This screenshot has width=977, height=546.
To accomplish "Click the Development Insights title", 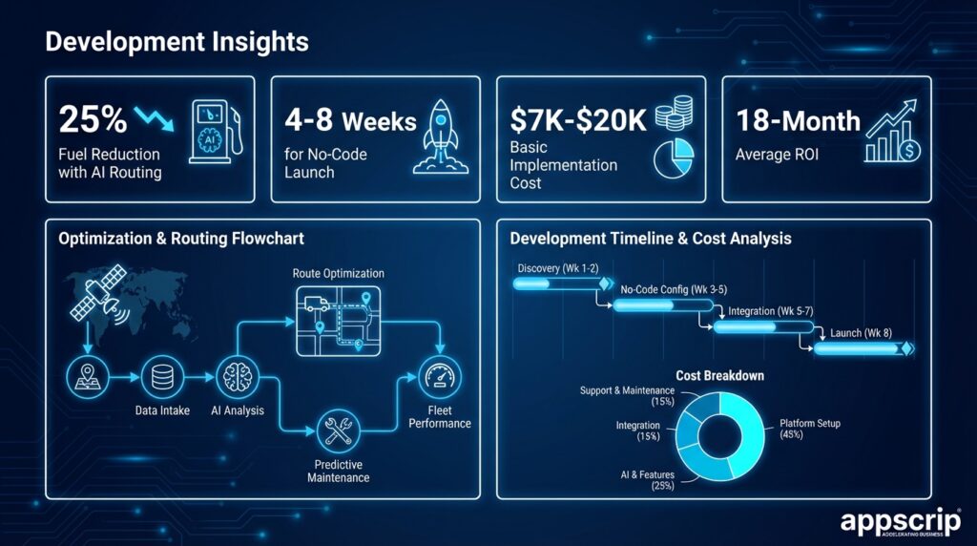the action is [x=177, y=42].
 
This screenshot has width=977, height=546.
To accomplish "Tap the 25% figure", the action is [x=93, y=119].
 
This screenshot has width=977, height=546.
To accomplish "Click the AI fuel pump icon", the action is [x=216, y=132].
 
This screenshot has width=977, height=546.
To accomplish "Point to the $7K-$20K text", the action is [x=578, y=119].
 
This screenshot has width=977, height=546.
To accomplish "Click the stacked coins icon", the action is [x=674, y=113].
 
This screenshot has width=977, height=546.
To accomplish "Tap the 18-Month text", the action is [x=798, y=120].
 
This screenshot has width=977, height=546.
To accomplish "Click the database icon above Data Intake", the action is [x=162, y=377].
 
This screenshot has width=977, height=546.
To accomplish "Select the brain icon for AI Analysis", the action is [x=238, y=377].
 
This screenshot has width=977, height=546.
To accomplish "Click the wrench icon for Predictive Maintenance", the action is [x=339, y=430].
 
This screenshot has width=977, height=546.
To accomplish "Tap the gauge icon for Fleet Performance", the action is [x=440, y=377].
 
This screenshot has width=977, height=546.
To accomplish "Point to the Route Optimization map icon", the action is [x=339, y=322].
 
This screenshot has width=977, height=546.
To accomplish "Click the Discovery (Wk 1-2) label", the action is [x=557, y=268].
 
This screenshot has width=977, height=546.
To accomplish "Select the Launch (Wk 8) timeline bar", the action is [x=863, y=348].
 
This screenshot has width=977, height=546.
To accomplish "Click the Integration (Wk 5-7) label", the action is [x=771, y=311].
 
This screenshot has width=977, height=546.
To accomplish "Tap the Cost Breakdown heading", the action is [x=719, y=376].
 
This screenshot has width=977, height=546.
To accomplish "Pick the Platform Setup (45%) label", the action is [x=809, y=429].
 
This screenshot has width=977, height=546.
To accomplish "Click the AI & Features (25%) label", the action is [x=648, y=480].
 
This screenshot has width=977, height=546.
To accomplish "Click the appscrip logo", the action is [x=901, y=522].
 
